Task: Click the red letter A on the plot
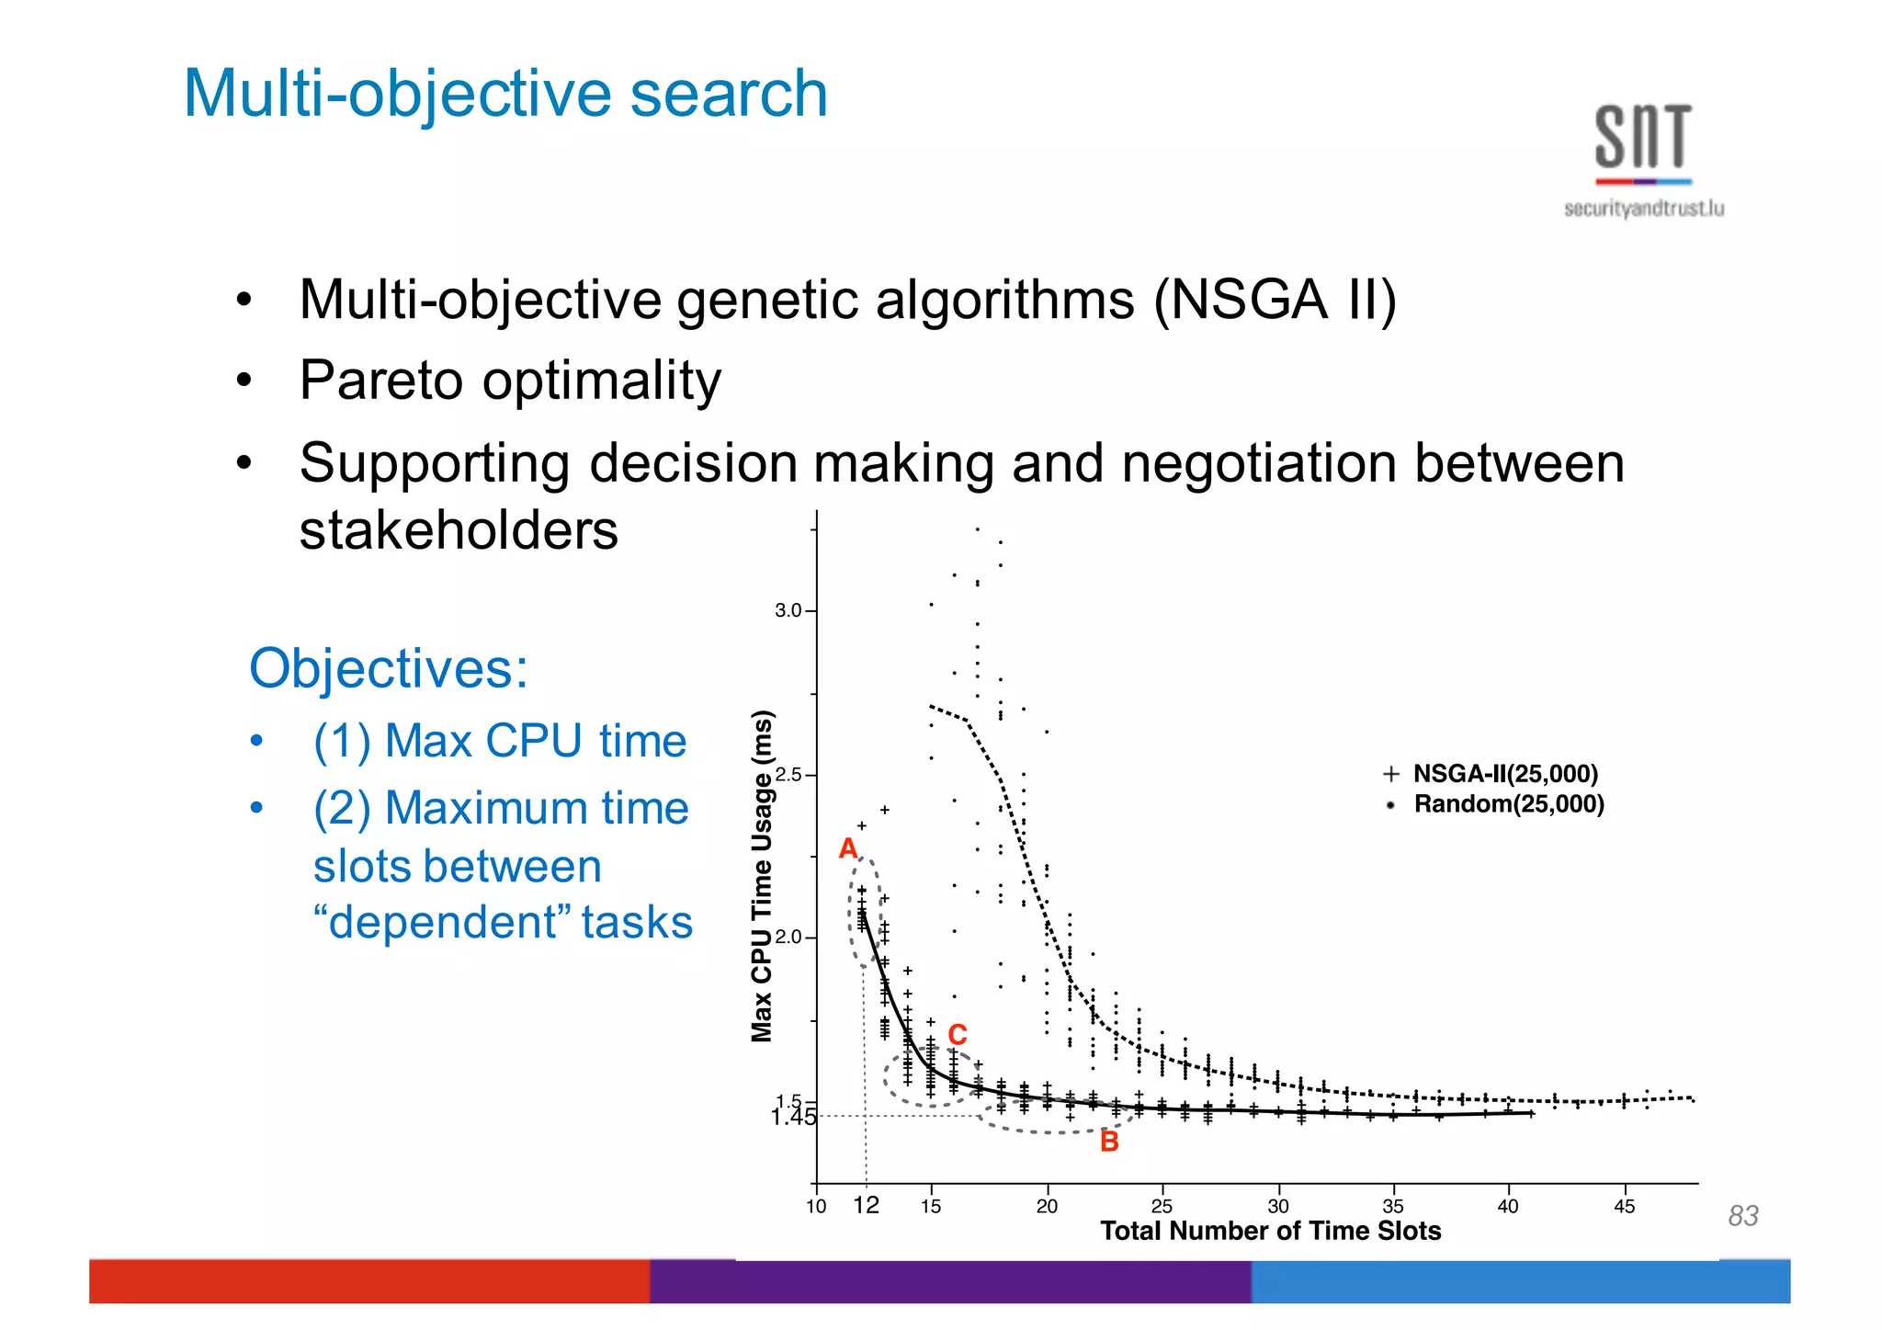point(848,848)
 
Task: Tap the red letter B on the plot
point(1109,1142)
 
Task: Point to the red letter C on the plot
point(958,1035)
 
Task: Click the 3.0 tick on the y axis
point(788,610)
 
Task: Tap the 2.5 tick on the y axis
point(788,775)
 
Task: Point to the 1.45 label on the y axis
point(793,1118)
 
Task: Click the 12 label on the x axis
point(866,1205)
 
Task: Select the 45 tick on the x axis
point(1624,1207)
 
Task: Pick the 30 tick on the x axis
point(1277,1207)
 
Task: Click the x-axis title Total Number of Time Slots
point(1270,1231)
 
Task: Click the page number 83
point(1742,1216)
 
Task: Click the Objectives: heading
point(389,668)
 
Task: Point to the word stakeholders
point(459,530)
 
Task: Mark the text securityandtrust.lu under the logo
point(1643,210)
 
